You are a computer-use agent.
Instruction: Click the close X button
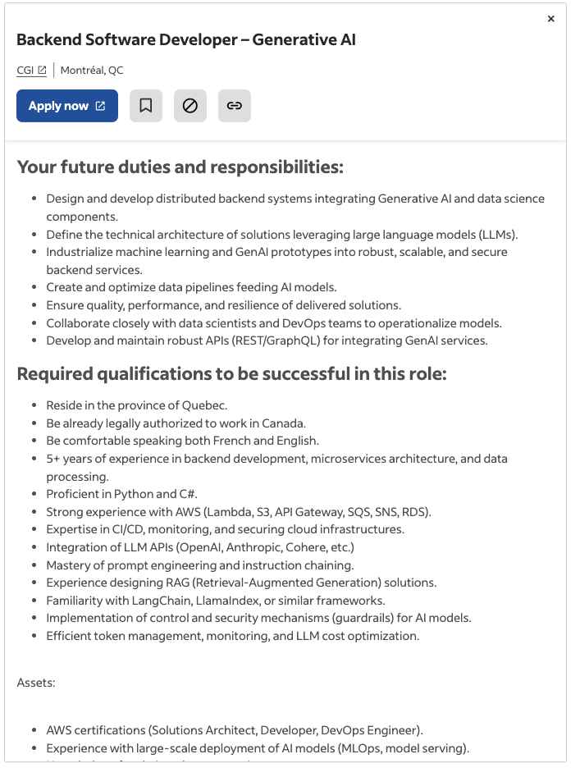click(x=551, y=19)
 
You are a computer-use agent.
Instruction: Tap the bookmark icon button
click(x=146, y=106)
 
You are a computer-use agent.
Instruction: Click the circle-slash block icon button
click(x=190, y=106)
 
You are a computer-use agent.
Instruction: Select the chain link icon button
click(x=235, y=106)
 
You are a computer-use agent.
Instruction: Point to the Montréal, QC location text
click(x=92, y=71)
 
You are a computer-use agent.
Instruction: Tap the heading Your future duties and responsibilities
click(x=180, y=167)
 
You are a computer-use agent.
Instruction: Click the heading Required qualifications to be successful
click(x=232, y=375)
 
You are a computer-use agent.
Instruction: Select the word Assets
click(x=36, y=683)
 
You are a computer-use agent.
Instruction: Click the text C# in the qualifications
click(x=189, y=494)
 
